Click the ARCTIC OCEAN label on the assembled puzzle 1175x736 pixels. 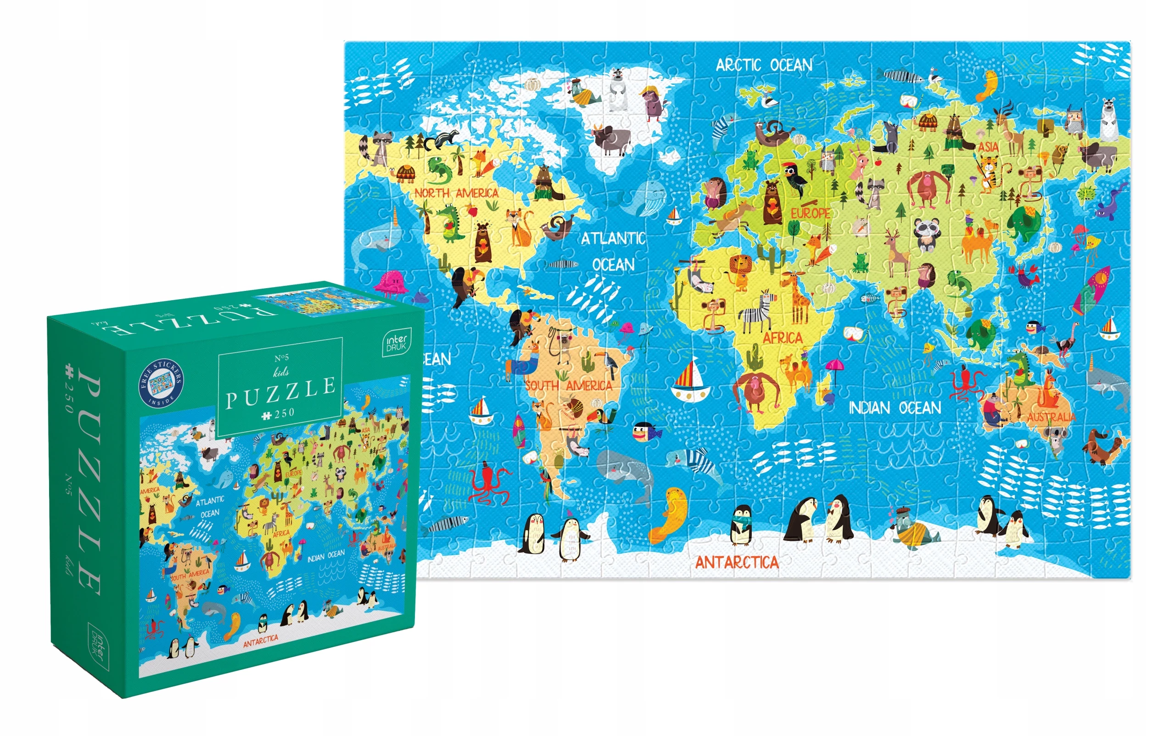coord(764,65)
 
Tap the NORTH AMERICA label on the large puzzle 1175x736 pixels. coord(456,193)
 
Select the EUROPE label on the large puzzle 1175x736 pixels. coord(810,213)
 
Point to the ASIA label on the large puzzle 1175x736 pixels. coord(988,146)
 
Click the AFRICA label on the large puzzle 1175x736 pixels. coord(783,338)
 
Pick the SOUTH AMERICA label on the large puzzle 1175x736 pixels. coord(568,385)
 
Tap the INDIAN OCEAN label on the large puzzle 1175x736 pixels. coord(895,408)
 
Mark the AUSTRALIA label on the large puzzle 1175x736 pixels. coord(1051,417)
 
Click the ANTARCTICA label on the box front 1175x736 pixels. coord(261,641)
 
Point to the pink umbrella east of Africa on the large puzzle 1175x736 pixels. coord(833,367)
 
